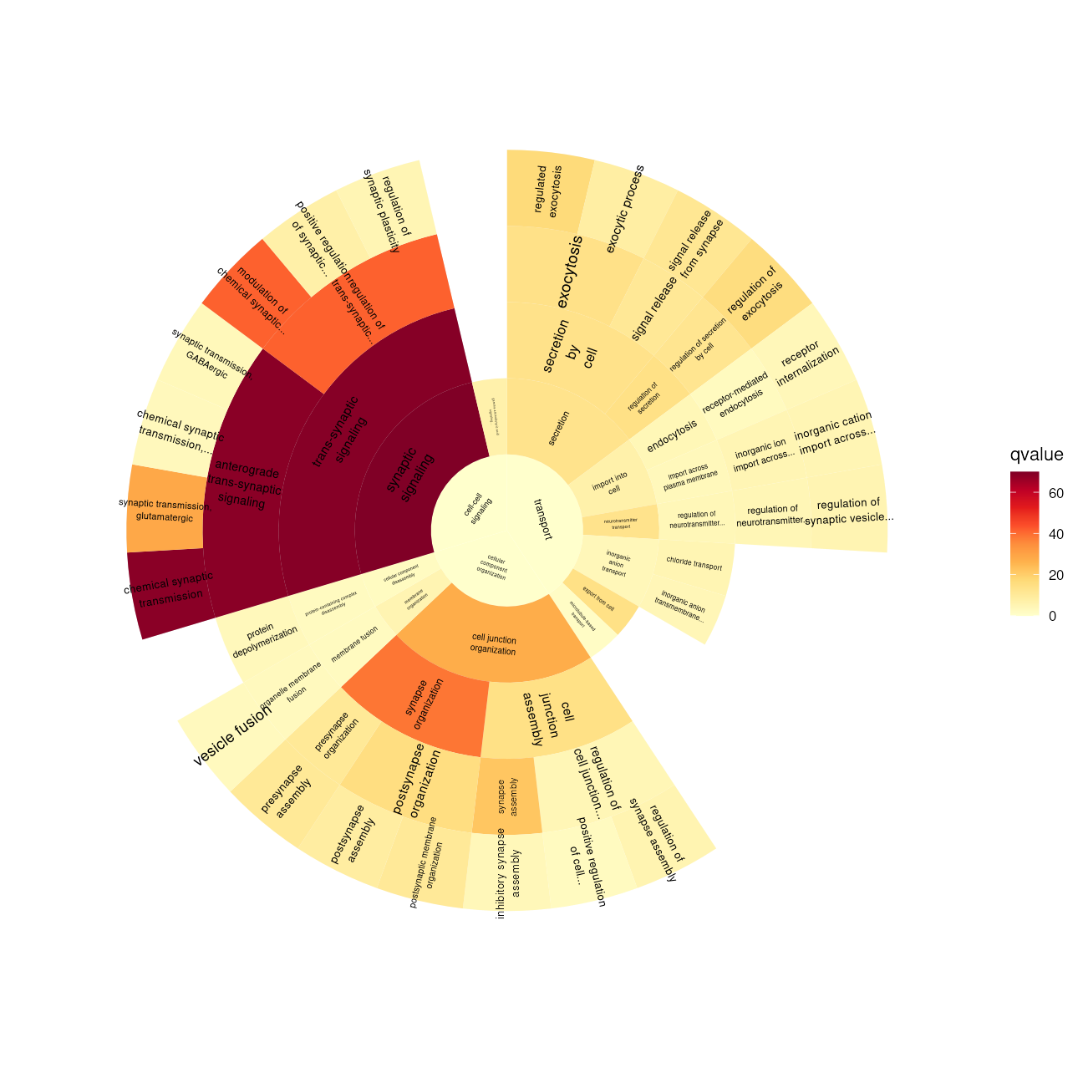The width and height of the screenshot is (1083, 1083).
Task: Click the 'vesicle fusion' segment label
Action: coord(232,736)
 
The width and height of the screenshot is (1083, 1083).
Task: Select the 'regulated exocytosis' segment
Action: coord(548,191)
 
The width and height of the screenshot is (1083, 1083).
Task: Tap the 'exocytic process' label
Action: coord(625,209)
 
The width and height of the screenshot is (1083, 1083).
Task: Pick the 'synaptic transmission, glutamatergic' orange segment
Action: coord(165,511)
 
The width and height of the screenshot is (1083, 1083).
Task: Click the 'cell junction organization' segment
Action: coord(493,644)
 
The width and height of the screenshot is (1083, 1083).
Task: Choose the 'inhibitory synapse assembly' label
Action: coord(508,873)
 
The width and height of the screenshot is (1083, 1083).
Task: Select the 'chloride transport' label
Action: coord(694,565)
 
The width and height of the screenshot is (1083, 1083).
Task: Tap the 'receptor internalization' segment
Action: coord(807,364)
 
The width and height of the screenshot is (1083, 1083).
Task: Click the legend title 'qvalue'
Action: coord(1036,455)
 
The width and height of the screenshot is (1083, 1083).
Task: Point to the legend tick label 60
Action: coord(1056,493)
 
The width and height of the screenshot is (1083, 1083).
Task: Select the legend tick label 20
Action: coord(1056,575)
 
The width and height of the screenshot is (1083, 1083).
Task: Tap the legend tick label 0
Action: coord(1052,616)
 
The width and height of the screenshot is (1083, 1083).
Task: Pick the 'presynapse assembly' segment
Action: coord(287,790)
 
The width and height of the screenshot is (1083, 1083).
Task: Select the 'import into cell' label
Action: coord(611,483)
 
